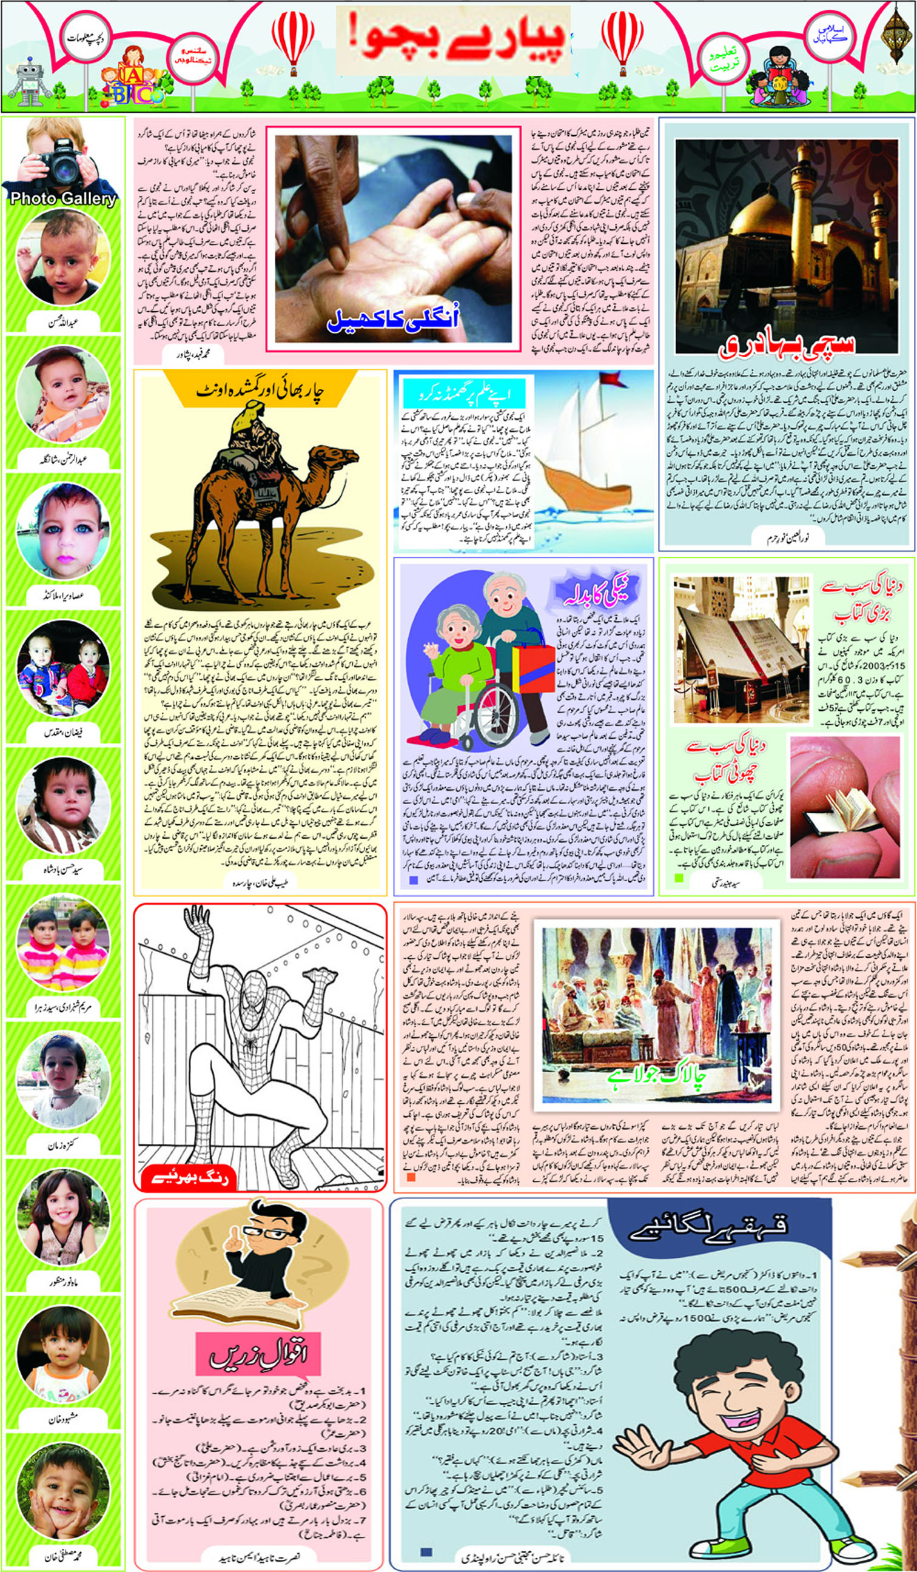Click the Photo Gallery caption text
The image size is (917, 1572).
tap(63, 198)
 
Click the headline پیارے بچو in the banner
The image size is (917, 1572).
tap(452, 39)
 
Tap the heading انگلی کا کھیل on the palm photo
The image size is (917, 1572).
tap(392, 320)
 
